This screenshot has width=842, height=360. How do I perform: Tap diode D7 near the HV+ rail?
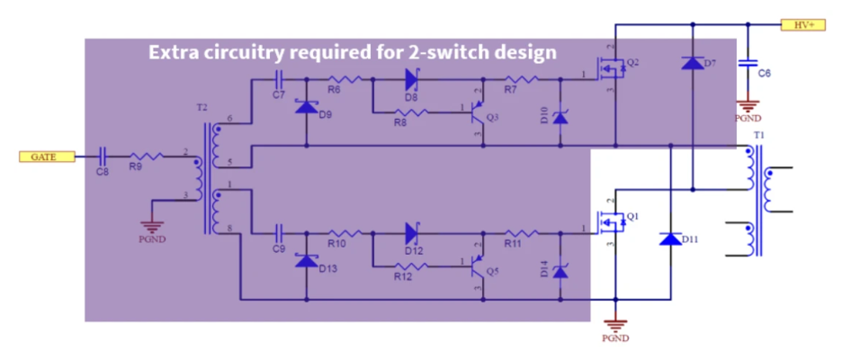click(693, 63)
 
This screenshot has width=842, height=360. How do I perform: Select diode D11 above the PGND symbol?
click(671, 238)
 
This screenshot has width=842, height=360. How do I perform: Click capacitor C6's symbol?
click(746, 65)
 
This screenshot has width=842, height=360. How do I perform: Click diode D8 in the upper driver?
click(412, 78)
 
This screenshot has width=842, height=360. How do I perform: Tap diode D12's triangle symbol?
click(412, 232)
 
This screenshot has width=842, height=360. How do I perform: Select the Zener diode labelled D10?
click(560, 115)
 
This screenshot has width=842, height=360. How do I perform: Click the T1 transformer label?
click(758, 135)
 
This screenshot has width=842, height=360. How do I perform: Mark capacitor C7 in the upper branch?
click(278, 78)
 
